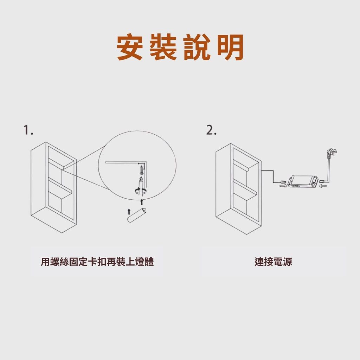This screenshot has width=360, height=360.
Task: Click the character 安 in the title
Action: click(130, 47)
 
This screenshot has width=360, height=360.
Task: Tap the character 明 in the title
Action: click(230, 47)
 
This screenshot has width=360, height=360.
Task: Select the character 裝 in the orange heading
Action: click(163, 47)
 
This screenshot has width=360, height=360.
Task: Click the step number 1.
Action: click(28, 130)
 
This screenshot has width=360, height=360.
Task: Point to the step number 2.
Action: click(211, 130)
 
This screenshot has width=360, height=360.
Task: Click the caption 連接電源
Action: click(273, 262)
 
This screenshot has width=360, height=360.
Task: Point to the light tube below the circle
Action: click(137, 215)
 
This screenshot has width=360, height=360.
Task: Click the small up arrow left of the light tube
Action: click(129, 212)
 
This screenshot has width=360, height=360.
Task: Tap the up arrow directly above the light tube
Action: click(142, 202)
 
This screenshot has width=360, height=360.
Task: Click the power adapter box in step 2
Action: click(303, 181)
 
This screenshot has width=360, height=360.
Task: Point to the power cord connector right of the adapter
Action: click(323, 181)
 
